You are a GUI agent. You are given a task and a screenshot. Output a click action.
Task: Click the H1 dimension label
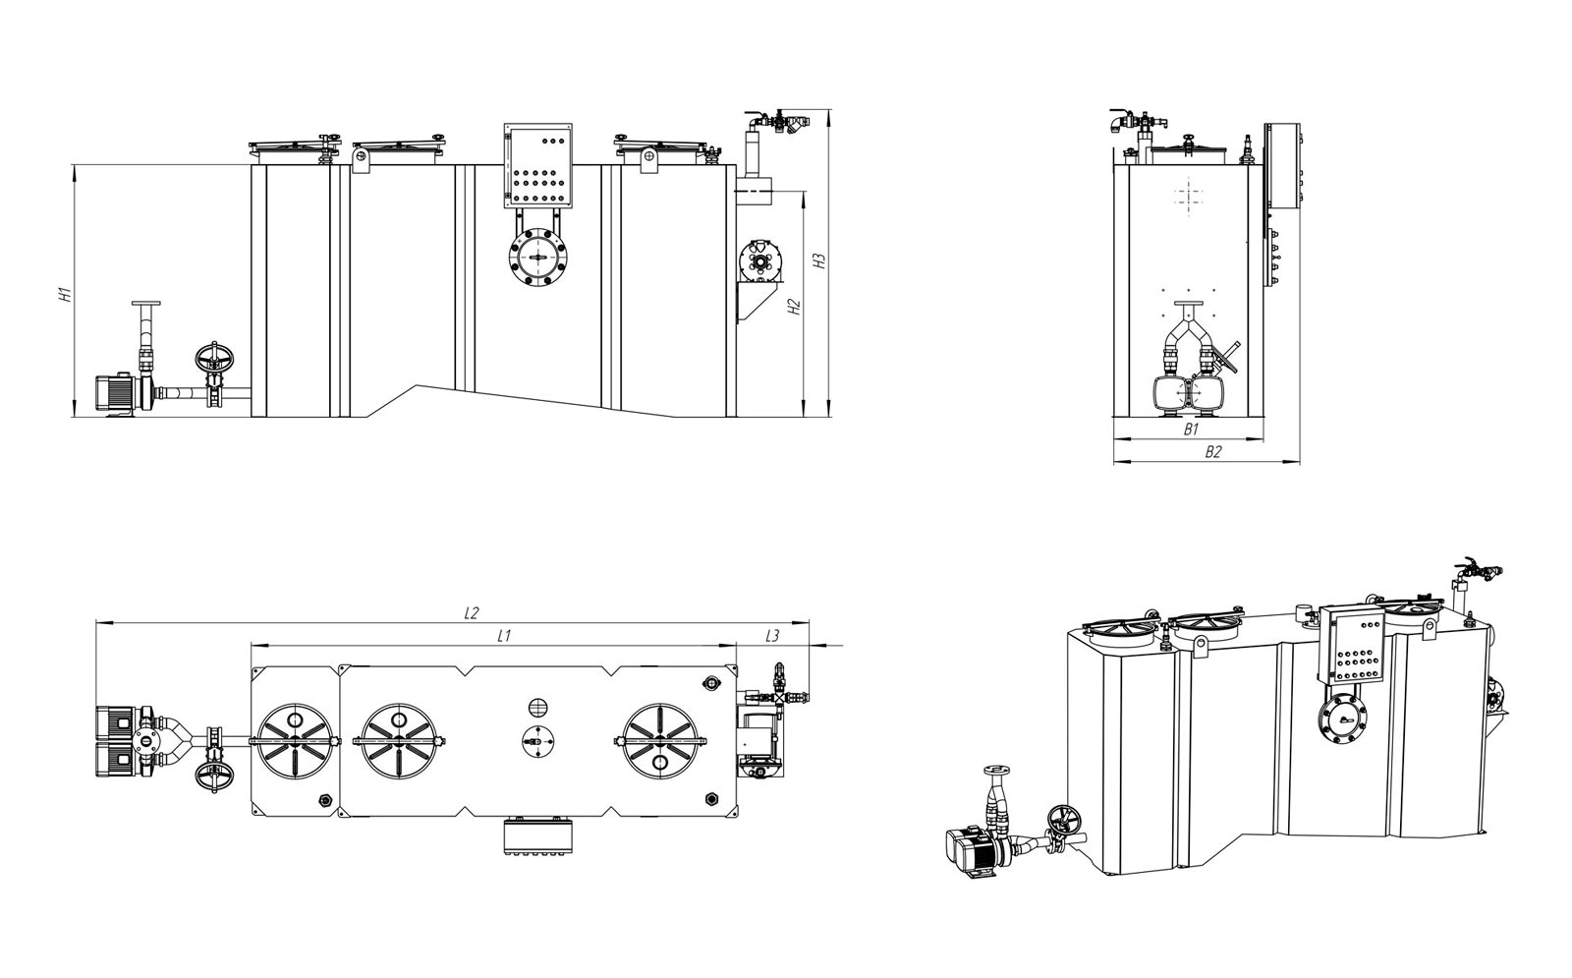(x=66, y=294)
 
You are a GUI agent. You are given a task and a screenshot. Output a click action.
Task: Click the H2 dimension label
(x=794, y=307)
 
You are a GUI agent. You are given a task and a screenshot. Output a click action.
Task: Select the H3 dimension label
(x=819, y=260)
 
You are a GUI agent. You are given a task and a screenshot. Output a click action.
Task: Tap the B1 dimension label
(x=1191, y=430)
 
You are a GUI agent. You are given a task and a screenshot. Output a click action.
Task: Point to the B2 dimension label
(x=1213, y=452)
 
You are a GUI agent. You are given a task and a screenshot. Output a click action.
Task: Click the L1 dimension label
(x=503, y=636)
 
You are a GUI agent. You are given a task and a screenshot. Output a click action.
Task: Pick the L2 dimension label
(x=471, y=613)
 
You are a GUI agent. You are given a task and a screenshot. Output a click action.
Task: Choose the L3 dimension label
(x=772, y=636)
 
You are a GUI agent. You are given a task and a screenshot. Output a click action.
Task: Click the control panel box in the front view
(x=537, y=166)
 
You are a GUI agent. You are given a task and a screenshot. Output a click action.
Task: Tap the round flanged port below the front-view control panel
(x=538, y=257)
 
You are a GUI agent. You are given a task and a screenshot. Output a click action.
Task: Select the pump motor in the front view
(x=117, y=394)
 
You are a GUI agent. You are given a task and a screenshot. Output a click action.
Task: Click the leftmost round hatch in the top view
(x=295, y=741)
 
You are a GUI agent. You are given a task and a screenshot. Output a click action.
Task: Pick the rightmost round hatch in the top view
(x=660, y=741)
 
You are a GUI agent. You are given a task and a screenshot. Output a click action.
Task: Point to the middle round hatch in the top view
(x=399, y=741)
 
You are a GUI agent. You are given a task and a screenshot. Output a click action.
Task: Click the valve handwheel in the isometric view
(x=1065, y=820)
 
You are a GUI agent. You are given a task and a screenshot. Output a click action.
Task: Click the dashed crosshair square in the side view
(x=1188, y=196)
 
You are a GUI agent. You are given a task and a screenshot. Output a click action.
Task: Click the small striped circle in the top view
(x=537, y=707)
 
